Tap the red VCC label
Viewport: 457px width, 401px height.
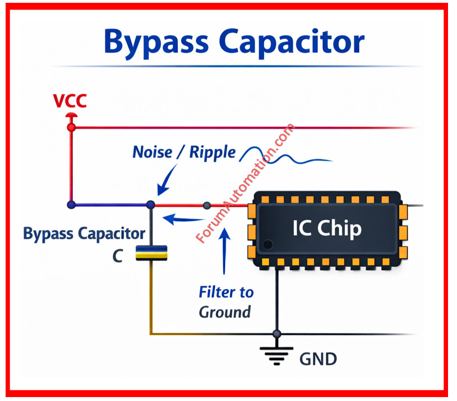click(70, 101)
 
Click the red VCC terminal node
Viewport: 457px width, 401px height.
click(71, 127)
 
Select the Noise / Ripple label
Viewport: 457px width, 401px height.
click(184, 152)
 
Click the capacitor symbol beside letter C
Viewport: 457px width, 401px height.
click(152, 253)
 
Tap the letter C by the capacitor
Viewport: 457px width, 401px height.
click(118, 256)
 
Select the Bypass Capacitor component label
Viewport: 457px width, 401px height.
click(84, 233)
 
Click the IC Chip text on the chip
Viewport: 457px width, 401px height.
click(327, 228)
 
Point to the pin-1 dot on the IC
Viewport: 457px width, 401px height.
click(268, 245)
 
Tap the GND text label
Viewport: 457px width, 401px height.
click(318, 358)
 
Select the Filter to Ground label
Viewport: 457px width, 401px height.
click(226, 301)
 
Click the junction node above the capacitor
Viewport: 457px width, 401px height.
click(150, 205)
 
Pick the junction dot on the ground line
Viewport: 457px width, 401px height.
click(276, 334)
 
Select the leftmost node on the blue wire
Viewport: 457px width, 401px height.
click(71, 205)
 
